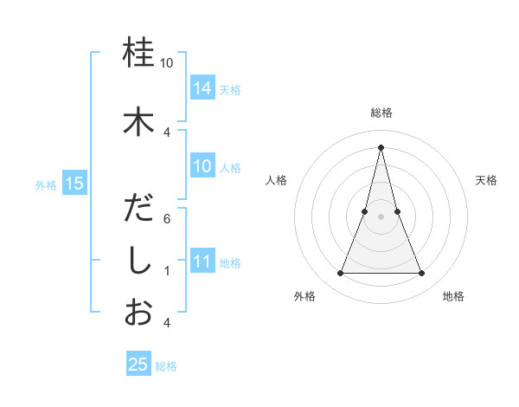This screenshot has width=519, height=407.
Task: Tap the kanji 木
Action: click(x=139, y=121)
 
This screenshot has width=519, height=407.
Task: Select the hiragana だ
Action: click(x=139, y=209)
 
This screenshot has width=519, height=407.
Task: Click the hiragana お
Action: click(x=139, y=313)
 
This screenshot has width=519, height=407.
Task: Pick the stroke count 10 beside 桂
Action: click(x=167, y=63)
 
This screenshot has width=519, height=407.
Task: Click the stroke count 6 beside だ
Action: click(x=167, y=219)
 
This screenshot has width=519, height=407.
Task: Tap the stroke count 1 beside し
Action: click(x=167, y=271)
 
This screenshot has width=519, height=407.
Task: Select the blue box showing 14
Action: click(x=202, y=87)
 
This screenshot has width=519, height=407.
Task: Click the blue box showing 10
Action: click(x=202, y=166)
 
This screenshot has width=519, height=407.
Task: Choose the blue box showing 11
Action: click(x=202, y=262)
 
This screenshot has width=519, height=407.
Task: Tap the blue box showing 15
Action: click(x=74, y=183)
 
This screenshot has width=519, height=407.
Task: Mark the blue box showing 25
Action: click(x=138, y=365)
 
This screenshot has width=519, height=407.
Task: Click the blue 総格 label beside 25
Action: click(x=166, y=366)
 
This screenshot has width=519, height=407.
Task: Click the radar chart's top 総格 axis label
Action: click(x=381, y=113)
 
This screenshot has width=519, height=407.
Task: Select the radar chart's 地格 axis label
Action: click(x=453, y=296)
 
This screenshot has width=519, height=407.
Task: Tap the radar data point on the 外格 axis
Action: click(x=340, y=274)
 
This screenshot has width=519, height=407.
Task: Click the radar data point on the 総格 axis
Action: click(x=381, y=146)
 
